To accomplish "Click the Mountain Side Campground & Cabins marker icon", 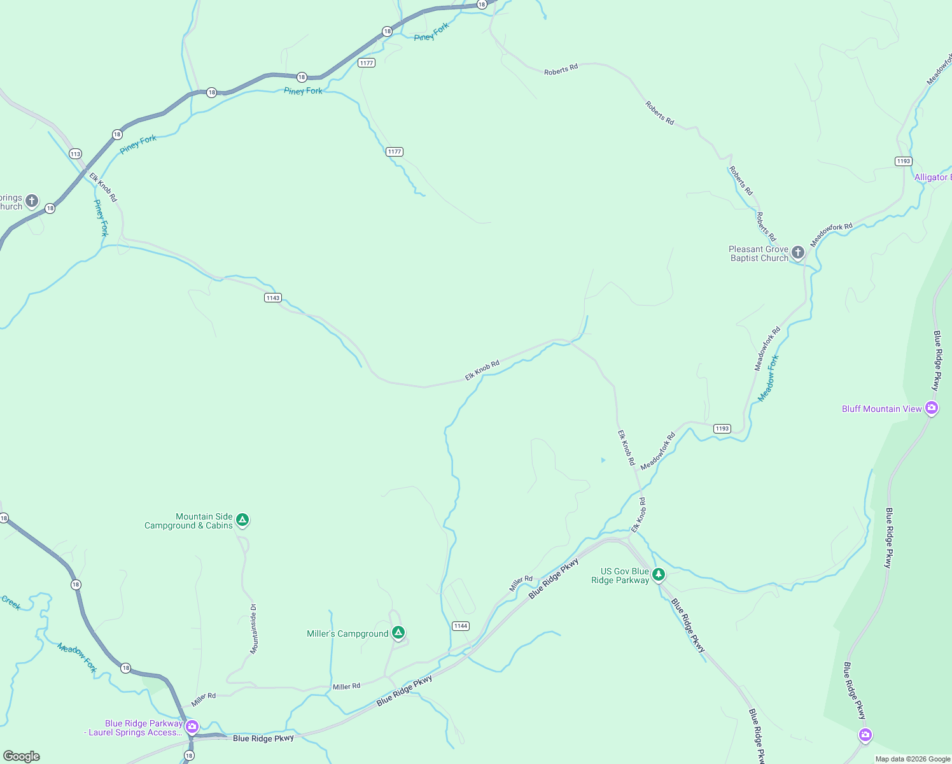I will click(242, 520).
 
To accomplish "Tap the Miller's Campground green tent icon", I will click(398, 633).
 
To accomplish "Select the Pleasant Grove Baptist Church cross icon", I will click(798, 253).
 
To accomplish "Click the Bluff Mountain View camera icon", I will click(932, 408).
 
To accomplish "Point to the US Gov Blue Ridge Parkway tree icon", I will click(659, 575).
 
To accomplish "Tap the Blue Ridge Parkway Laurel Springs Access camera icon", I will click(192, 726).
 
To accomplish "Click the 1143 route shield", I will click(273, 298).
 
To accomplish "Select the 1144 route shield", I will click(461, 626).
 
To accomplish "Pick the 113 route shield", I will click(76, 153).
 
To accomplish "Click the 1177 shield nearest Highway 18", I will click(367, 62).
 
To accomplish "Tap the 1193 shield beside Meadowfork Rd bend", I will click(722, 428).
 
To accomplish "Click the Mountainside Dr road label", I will click(253, 629).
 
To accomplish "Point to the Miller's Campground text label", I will click(347, 633).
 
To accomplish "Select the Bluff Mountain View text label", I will click(881, 409).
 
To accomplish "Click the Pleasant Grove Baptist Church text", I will click(759, 253).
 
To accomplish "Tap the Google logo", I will click(22, 756).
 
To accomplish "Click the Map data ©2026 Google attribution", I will click(913, 759).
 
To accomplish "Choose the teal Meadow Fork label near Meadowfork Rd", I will click(769, 378).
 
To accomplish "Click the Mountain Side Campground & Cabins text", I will click(188, 521).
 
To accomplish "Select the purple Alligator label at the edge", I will click(932, 178).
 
